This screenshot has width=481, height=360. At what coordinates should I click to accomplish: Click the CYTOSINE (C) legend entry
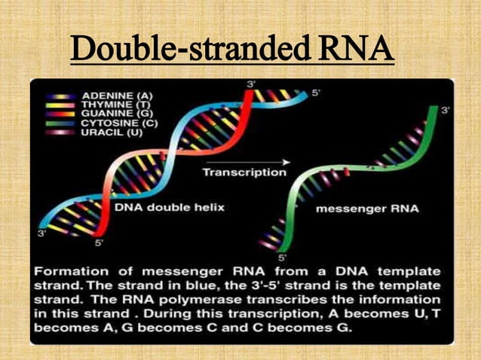[118, 123]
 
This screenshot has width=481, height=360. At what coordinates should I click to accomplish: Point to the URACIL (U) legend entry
[110, 131]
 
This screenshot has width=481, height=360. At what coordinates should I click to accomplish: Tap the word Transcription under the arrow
[245, 172]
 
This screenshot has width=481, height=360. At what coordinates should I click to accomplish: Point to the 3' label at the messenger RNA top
[446, 110]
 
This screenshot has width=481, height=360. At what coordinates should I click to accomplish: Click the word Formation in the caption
[74, 270]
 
